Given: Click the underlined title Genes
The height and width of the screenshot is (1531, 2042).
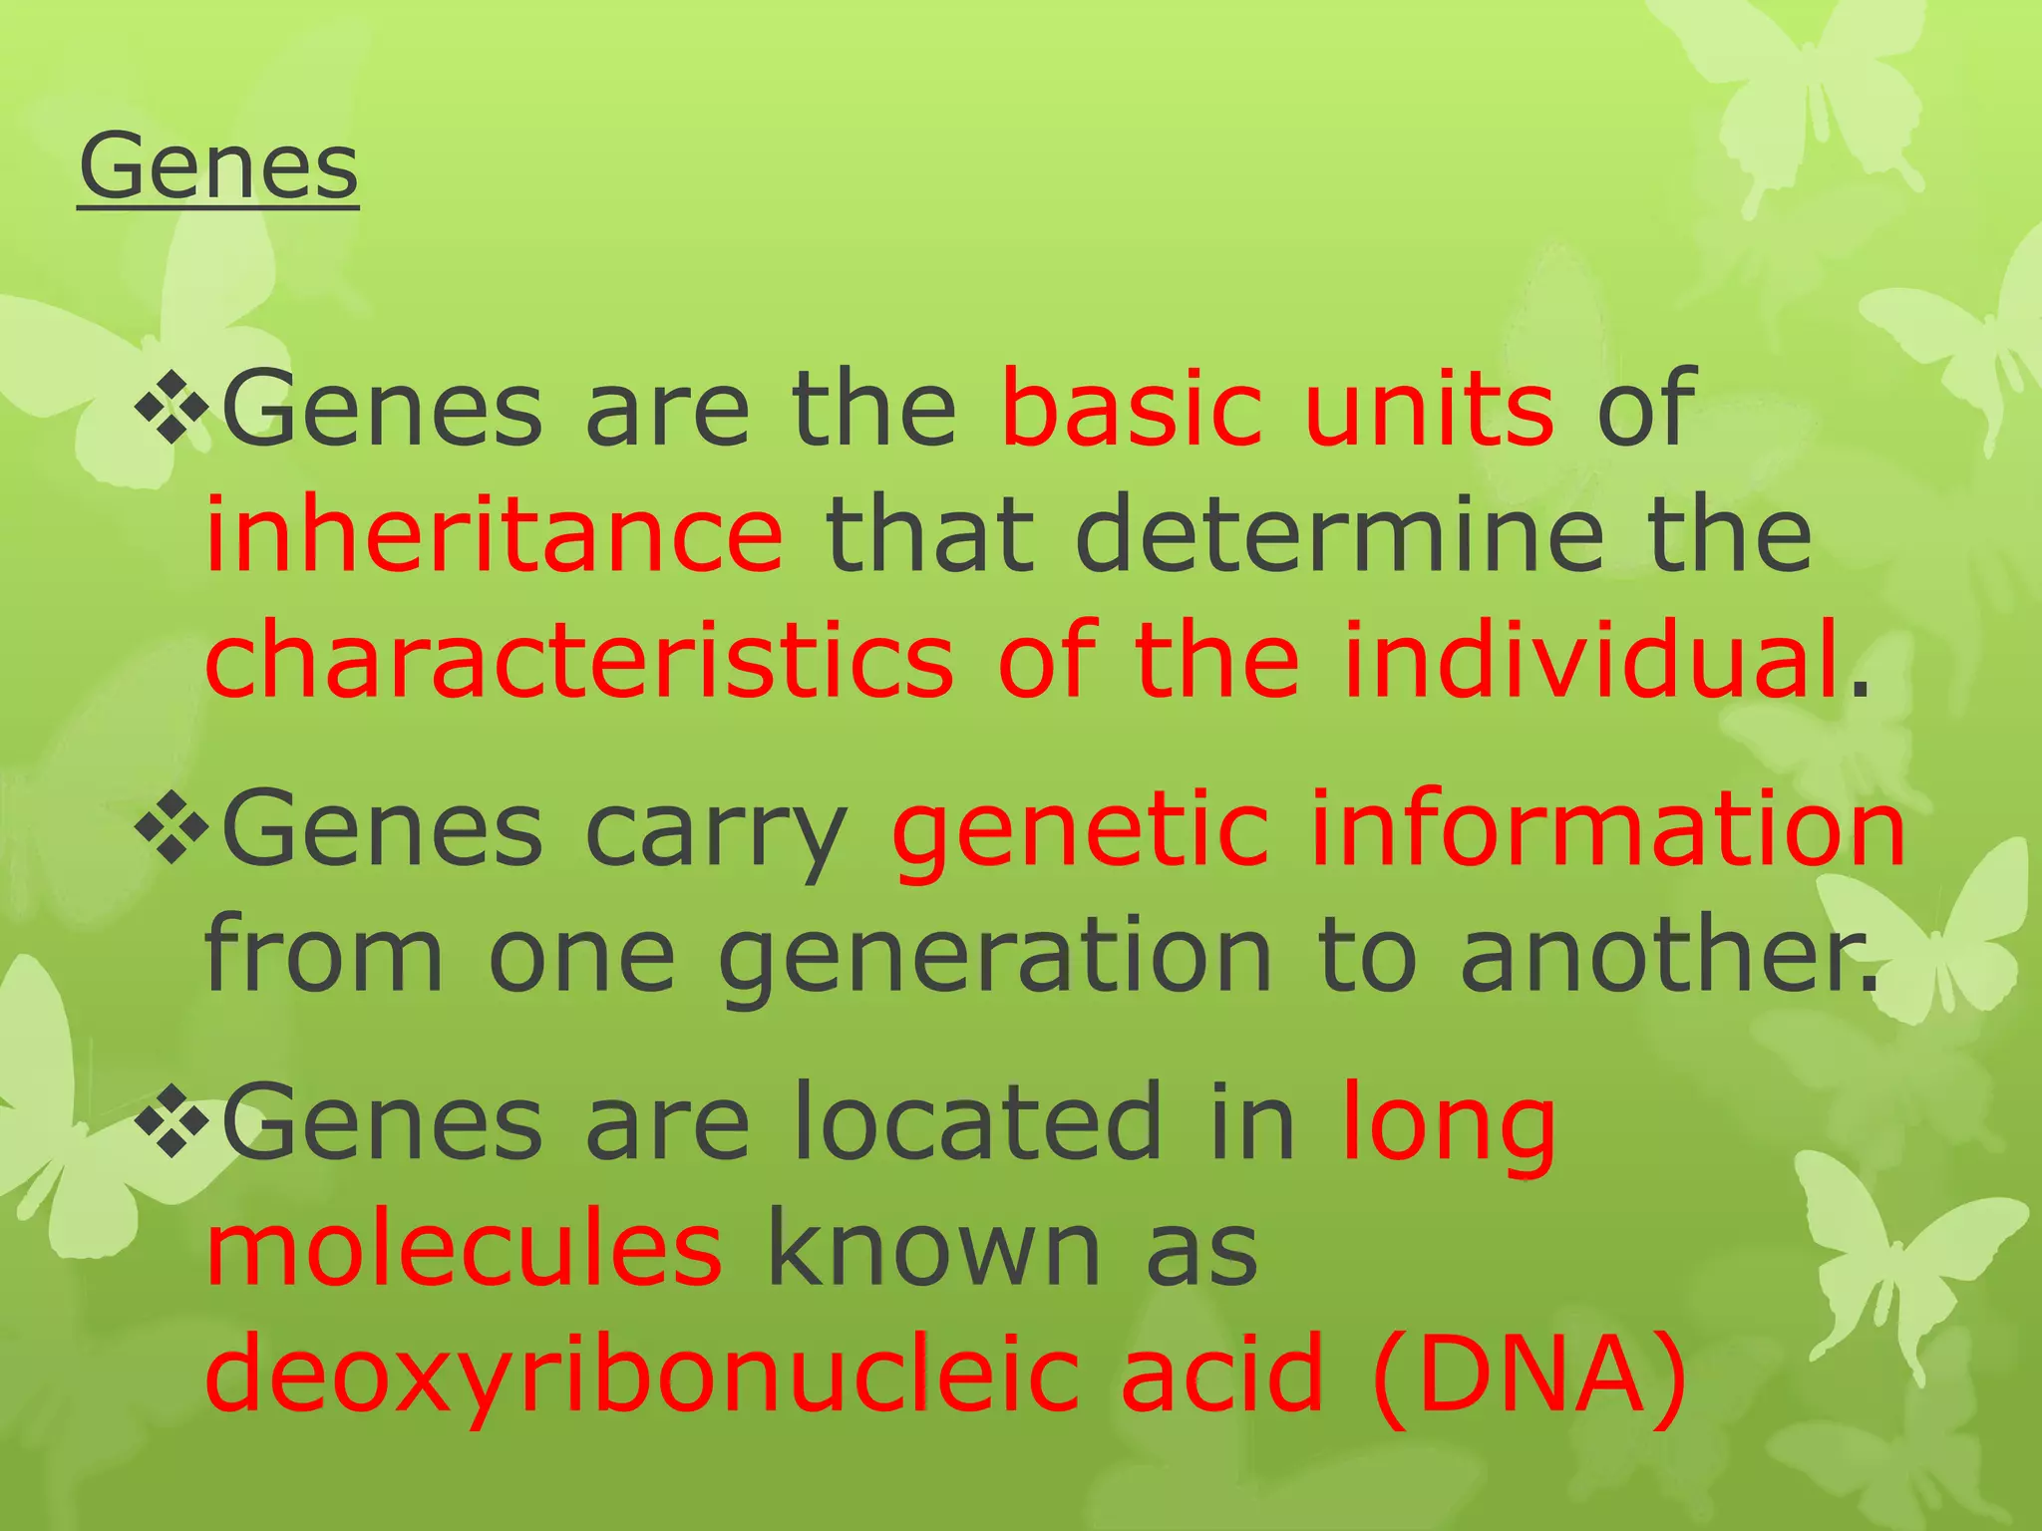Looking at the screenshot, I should [x=218, y=166].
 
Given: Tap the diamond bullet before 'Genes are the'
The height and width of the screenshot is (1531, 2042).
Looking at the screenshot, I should [x=171, y=407].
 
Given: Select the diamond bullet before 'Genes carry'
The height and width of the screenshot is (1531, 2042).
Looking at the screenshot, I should [x=171, y=827].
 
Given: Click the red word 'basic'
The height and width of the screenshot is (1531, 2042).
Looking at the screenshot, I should [x=1132, y=407].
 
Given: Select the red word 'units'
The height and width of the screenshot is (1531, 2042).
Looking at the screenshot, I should [x=1428, y=407].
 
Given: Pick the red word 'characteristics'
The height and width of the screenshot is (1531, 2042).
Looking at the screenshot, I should [x=579, y=660].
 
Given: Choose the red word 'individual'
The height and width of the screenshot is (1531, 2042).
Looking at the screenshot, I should [x=1591, y=660].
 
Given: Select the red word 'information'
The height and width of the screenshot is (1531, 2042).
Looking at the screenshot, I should [x=1607, y=827].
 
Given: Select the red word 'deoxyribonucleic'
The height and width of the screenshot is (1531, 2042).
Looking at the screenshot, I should [x=641, y=1376].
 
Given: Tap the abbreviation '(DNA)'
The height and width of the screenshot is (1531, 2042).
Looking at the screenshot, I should [x=1530, y=1376].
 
